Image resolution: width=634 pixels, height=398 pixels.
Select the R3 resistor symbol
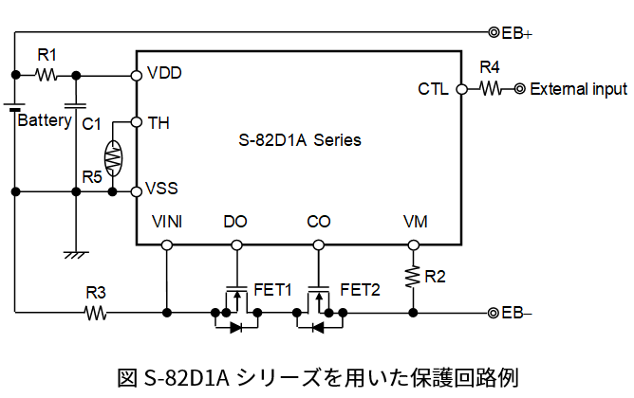point(95,313)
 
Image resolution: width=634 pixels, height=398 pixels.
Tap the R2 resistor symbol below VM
point(413,276)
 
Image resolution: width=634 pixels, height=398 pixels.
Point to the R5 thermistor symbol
point(112,157)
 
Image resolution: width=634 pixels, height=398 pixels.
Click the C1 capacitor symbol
point(75,103)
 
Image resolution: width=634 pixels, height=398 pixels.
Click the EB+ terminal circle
point(494,32)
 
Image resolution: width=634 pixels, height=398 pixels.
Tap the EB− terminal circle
point(494,313)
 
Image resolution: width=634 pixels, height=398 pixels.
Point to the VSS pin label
point(164,189)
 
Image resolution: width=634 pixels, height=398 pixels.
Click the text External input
point(578,90)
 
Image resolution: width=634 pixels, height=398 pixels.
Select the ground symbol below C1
point(75,254)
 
